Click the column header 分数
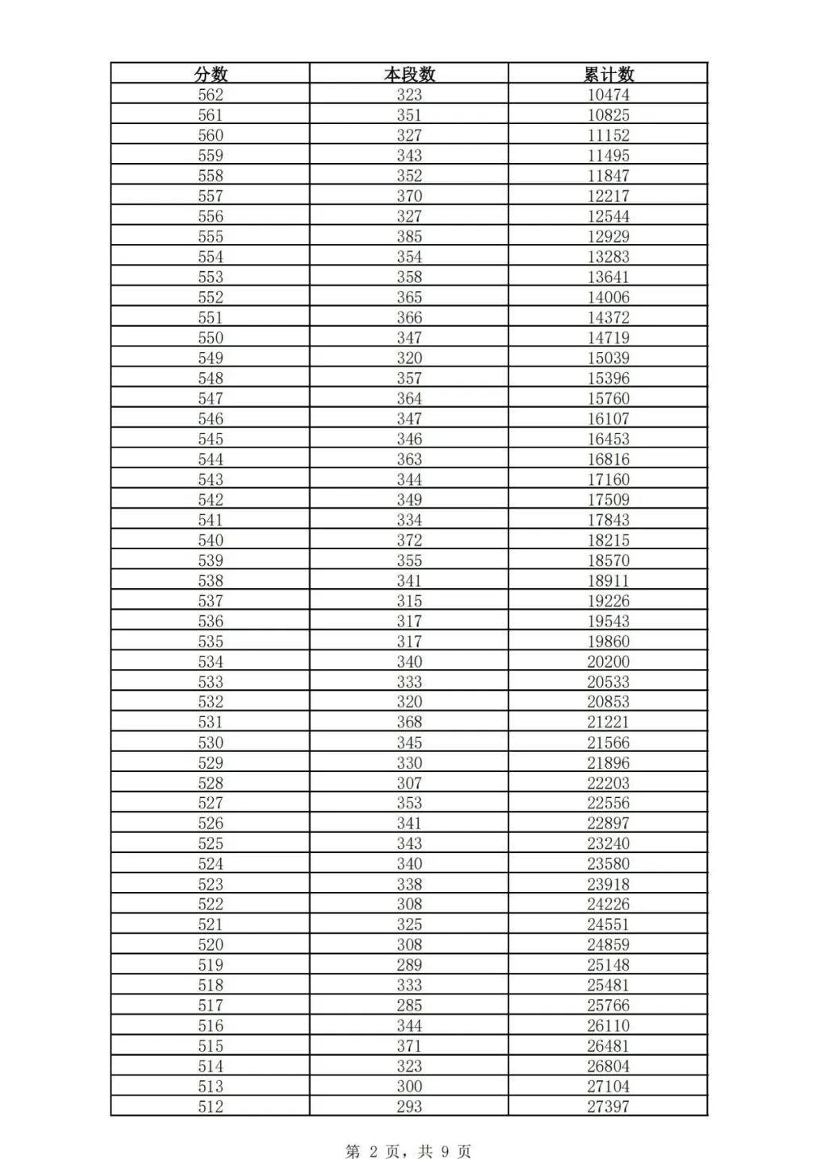[x=211, y=74]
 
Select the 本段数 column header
[x=409, y=74]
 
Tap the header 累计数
[x=608, y=74]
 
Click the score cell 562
[x=211, y=95]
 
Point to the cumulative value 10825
[x=608, y=115]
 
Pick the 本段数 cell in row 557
[x=409, y=196]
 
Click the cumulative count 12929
[x=608, y=236]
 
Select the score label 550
[x=211, y=338]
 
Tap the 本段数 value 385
[x=409, y=236]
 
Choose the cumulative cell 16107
[x=608, y=419]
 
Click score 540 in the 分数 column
[x=211, y=540]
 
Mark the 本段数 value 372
[x=409, y=540]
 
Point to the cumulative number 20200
[x=608, y=661]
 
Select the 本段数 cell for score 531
[x=409, y=722]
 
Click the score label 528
[x=211, y=783]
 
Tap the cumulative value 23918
[x=608, y=884]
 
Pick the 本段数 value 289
[x=409, y=965]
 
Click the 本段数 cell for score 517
[x=409, y=1006]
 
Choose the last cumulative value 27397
[x=608, y=1107]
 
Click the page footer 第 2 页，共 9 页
[x=408, y=1151]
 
